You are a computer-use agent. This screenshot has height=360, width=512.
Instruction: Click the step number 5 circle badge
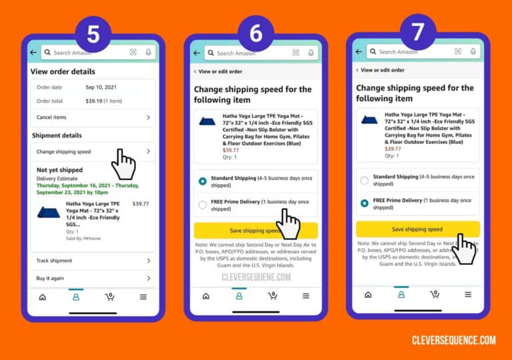click(x=93, y=35)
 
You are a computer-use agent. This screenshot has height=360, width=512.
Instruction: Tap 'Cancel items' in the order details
click(x=51, y=117)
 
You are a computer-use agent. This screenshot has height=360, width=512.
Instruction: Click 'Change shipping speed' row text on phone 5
click(x=63, y=152)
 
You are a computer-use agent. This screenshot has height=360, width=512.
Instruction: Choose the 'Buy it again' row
click(x=51, y=278)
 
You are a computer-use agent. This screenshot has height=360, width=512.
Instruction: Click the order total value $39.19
click(x=98, y=100)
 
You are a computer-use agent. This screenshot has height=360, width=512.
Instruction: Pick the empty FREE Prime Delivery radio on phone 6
click(x=203, y=205)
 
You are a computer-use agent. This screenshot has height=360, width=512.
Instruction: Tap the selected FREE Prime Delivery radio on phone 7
click(x=365, y=203)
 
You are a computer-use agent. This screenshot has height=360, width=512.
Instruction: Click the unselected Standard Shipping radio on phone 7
click(x=365, y=180)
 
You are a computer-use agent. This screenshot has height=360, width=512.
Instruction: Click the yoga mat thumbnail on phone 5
click(x=50, y=213)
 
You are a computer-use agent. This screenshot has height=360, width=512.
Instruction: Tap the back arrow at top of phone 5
click(x=34, y=52)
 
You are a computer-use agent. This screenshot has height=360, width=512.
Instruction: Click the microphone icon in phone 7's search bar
click(x=473, y=51)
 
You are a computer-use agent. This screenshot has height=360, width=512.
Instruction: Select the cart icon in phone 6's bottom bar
click(x=272, y=295)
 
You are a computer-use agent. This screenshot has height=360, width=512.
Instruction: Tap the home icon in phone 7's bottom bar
click(x=367, y=294)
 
